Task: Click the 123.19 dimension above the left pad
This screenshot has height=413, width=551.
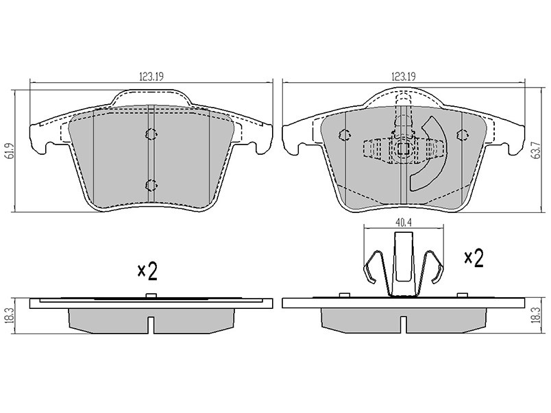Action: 151,76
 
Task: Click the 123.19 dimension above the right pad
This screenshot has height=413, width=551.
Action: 404,76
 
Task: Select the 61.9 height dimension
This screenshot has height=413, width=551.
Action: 11,151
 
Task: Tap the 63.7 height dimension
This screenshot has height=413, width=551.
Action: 537,151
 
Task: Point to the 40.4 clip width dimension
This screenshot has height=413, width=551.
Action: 404,223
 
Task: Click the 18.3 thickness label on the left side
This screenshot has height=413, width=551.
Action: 10,316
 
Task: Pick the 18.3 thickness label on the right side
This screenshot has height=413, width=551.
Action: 537,314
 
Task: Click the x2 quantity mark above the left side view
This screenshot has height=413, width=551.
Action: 147,271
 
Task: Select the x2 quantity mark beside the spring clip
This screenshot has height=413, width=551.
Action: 474,258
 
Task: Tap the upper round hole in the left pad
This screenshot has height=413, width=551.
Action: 151,134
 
